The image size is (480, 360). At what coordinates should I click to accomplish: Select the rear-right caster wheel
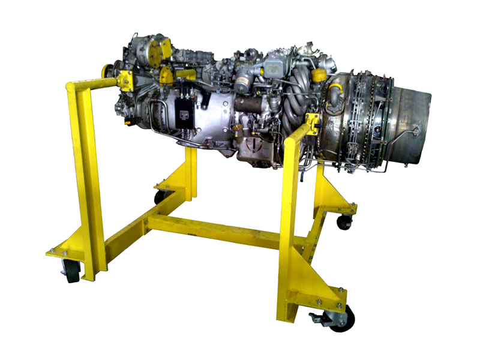point(344,221)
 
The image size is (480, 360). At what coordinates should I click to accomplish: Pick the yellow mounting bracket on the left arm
point(125,80)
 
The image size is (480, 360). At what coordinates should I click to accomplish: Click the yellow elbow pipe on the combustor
point(334,91)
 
